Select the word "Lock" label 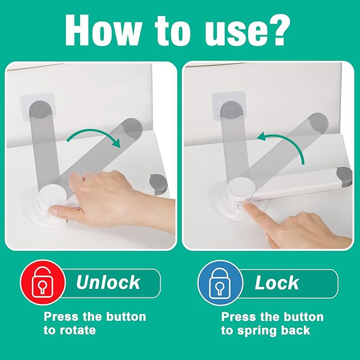pos(277,282)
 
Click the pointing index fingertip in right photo pos(249,210)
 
